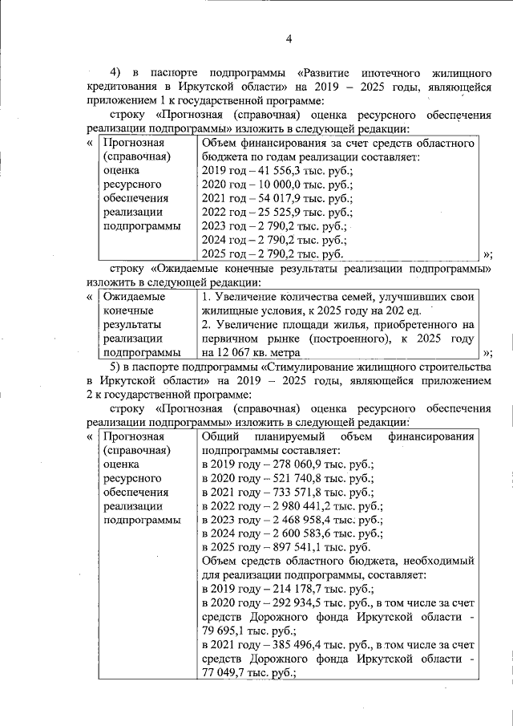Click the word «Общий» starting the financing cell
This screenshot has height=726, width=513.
click(x=220, y=437)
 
